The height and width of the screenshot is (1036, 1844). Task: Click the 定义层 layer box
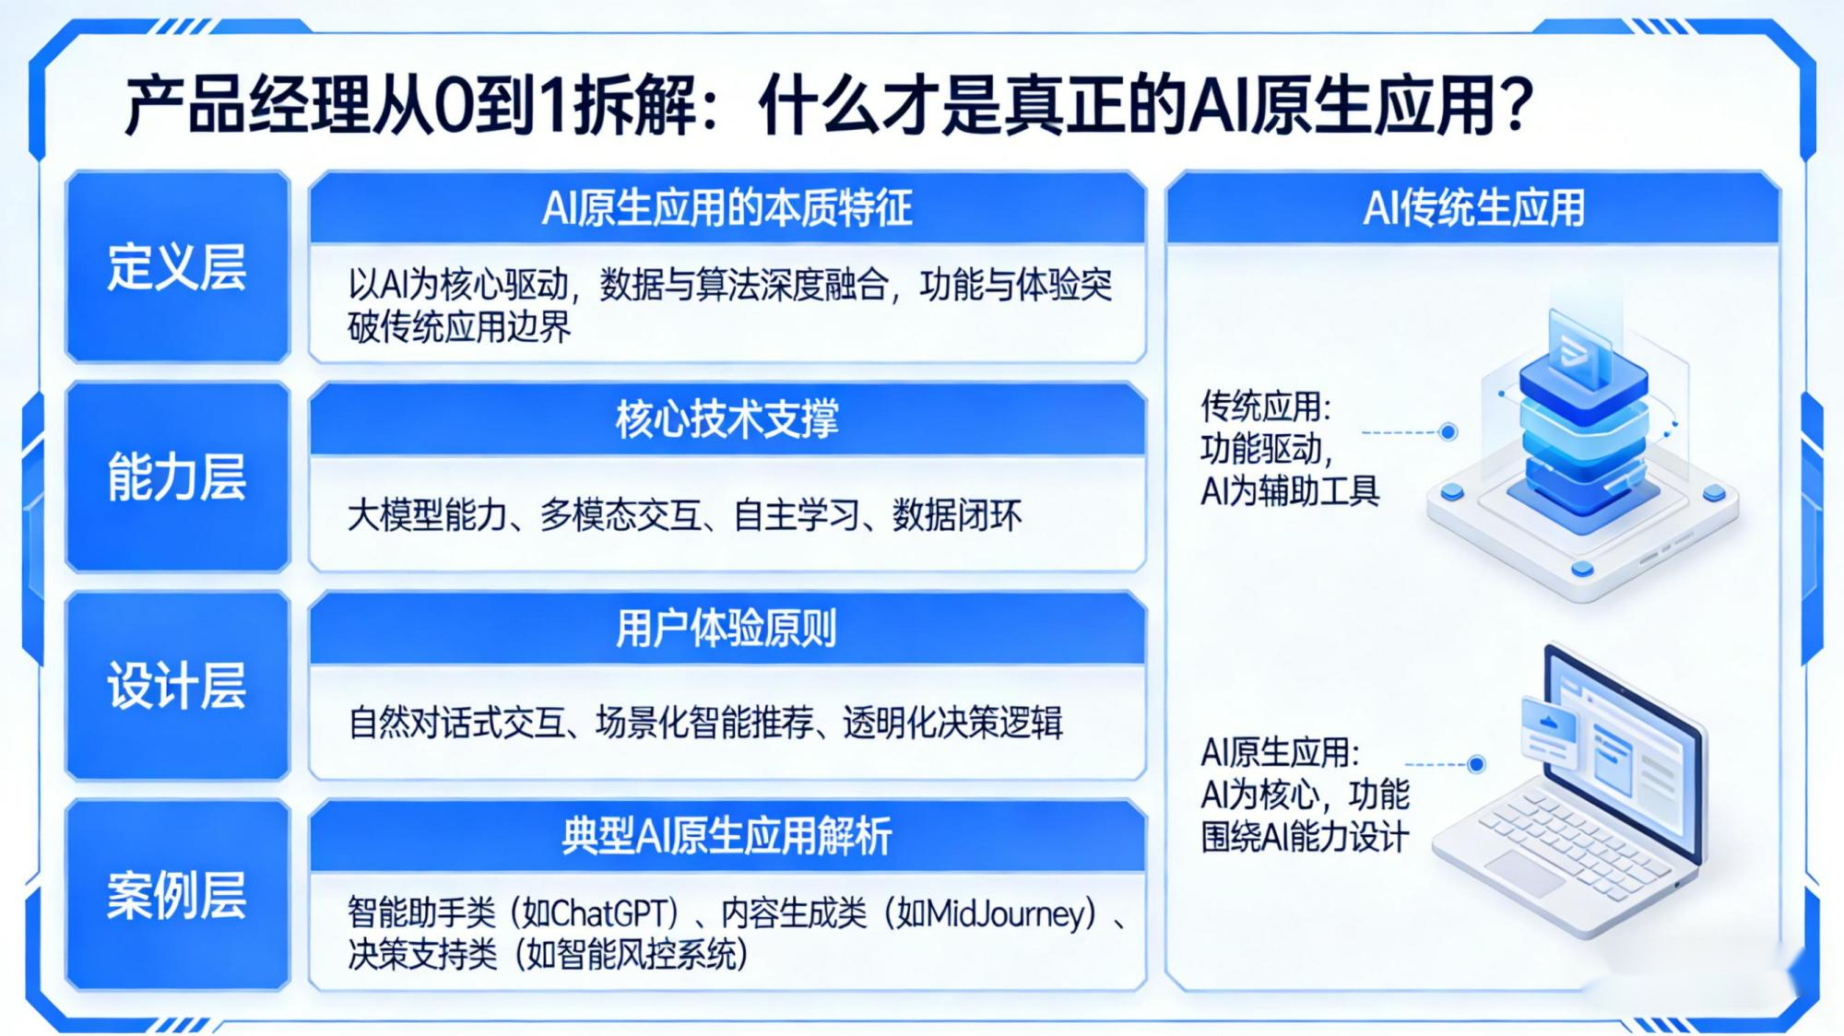[x=177, y=266]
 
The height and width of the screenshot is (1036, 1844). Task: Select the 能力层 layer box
[x=177, y=477]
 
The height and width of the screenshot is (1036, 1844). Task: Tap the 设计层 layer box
[x=177, y=686]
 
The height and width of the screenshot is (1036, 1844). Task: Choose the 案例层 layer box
[x=177, y=895]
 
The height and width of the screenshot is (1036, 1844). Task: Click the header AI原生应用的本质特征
[x=727, y=207]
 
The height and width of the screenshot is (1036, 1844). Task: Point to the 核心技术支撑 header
[x=727, y=418]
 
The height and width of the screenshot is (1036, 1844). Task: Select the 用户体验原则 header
[x=727, y=629]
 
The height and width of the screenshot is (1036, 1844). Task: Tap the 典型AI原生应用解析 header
[x=727, y=837]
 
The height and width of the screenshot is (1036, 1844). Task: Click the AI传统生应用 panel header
[x=1473, y=207]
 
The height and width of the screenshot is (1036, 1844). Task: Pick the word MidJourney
[x=1005, y=913]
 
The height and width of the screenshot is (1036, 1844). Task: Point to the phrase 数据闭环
[x=957, y=515]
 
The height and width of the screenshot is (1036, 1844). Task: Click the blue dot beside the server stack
[x=1448, y=431]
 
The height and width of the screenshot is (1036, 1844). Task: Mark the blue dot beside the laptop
[x=1476, y=764]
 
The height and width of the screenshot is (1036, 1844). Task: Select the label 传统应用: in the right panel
[x=1265, y=406]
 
